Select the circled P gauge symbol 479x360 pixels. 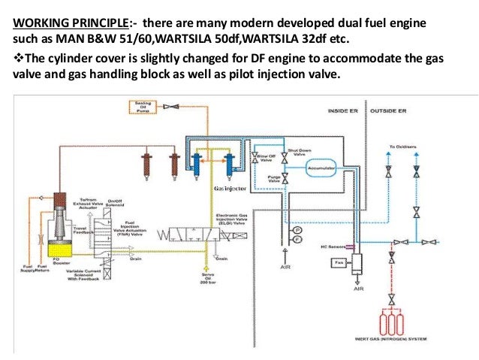(x=297, y=228)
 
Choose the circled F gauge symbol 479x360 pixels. (x=297, y=238)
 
